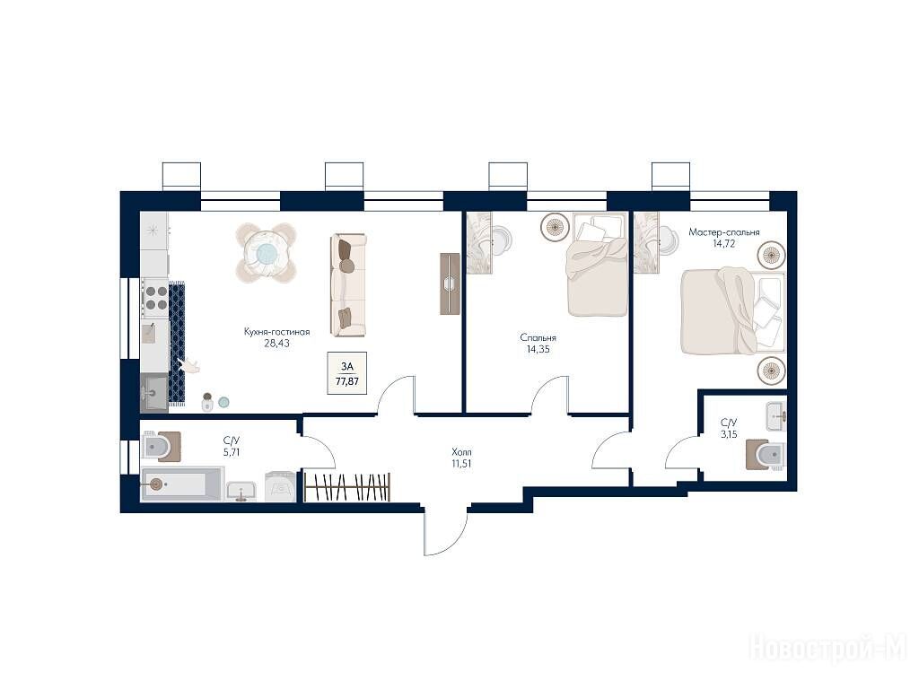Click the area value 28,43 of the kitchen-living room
tap(276, 344)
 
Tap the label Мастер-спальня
tap(724, 232)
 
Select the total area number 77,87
tap(347, 380)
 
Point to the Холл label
tap(462, 452)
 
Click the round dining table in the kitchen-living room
tap(266, 253)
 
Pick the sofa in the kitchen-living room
tap(348, 285)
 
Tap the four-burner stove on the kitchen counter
tap(156, 298)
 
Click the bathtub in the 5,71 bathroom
tap(182, 484)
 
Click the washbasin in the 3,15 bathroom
tap(775, 416)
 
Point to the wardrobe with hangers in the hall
tap(347, 487)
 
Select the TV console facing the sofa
tap(451, 283)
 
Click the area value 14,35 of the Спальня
tap(538, 350)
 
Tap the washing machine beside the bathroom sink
tap(280, 486)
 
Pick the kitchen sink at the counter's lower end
tap(154, 393)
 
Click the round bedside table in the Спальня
tap(553, 227)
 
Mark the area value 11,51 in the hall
tap(462, 464)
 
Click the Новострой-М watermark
tap(828, 650)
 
